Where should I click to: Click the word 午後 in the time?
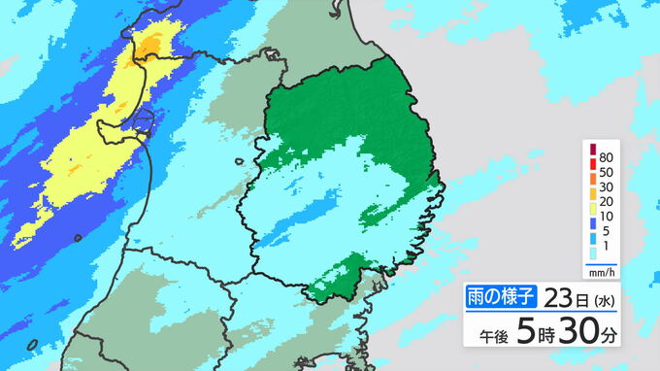coord(496,336)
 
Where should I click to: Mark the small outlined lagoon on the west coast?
coord(142,121)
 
